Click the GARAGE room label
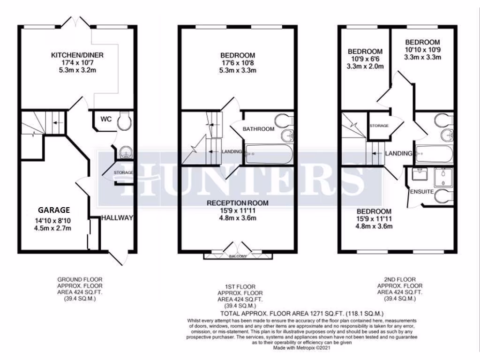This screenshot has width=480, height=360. [54, 210]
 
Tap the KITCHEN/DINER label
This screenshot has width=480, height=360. [77, 55]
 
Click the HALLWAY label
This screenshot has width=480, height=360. [118, 218]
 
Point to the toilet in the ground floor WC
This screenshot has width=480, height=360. [124, 121]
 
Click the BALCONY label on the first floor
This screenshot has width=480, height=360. [238, 257]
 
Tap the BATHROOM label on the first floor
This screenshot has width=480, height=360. [258, 129]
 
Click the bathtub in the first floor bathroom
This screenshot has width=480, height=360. [267, 153]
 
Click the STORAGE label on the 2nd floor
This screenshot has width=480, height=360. [379, 126]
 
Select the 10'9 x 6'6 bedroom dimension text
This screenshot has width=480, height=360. [365, 59]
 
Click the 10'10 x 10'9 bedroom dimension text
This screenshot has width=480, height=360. [422, 50]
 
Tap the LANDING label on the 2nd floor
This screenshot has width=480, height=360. [398, 154]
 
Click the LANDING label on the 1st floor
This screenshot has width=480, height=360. [232, 151]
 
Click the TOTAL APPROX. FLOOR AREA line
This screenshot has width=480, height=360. [301, 313]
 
